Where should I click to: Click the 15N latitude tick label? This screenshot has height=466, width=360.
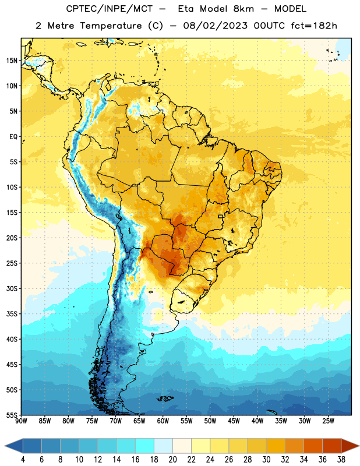[x=12, y=61]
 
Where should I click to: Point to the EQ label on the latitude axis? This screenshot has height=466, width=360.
[x=13, y=137]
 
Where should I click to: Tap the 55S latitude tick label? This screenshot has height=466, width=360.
[x=12, y=415]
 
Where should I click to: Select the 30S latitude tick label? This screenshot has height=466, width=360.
[x=12, y=288]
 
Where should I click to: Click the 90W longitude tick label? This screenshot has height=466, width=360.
[x=21, y=421]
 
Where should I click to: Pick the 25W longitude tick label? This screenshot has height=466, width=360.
[x=328, y=421]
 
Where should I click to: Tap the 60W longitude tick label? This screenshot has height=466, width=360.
[x=163, y=421]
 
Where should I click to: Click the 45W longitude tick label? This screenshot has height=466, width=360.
[x=234, y=421]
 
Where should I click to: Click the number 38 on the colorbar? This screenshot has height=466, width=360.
[x=341, y=460]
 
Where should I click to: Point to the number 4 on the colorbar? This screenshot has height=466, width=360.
[x=23, y=460]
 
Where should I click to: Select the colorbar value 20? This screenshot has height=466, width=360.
[x=172, y=460]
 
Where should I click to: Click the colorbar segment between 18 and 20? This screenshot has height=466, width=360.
[x=163, y=446]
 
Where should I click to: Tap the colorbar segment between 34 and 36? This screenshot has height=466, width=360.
[x=313, y=446]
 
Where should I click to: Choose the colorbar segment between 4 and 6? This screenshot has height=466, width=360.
[x=32, y=446]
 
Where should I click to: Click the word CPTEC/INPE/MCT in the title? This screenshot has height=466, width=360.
[x=109, y=9]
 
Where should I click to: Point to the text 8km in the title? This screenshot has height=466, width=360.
[x=243, y=9]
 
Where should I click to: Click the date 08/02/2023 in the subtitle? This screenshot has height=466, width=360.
[x=215, y=26]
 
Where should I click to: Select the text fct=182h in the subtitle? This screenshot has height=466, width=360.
[x=314, y=26]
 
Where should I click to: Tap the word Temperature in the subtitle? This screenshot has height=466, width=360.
[x=111, y=26]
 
